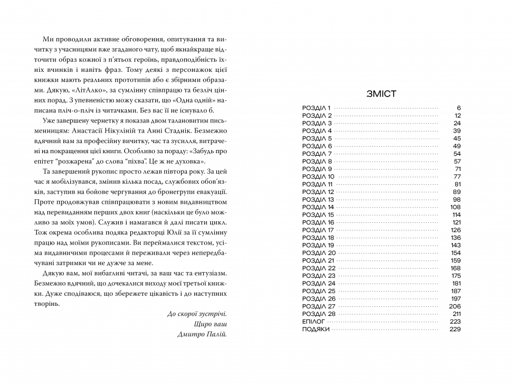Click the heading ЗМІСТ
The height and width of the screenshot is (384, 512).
[x=382, y=95]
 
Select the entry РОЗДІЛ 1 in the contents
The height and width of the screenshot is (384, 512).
[x=316, y=107]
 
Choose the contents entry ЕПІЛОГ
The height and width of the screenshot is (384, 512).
[x=315, y=322]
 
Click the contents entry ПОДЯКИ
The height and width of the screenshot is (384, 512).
[x=316, y=329]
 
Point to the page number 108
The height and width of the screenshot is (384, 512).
[x=456, y=207]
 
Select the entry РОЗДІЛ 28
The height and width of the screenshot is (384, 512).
[x=318, y=314]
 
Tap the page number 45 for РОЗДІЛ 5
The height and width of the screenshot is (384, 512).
[x=457, y=138]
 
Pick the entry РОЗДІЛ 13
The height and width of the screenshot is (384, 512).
[x=318, y=199]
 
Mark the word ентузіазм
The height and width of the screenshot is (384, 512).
[x=211, y=273]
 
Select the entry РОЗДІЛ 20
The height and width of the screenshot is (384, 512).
[x=318, y=253]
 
